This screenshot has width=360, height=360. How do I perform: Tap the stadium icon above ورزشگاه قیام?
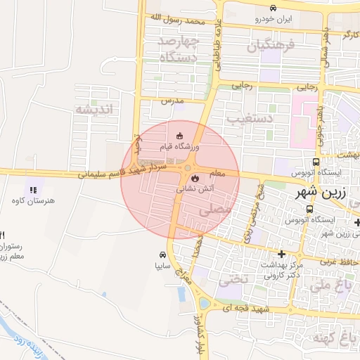pos(179,136)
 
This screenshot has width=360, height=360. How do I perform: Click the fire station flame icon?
pos(195,179)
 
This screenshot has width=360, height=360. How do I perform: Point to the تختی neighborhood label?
pos(233,279)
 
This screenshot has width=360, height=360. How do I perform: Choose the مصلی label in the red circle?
pos(214,209)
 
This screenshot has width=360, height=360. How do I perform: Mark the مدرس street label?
pos(172,101)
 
